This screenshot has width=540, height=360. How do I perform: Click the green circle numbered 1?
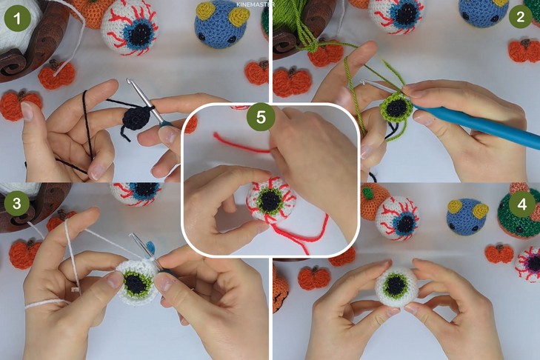pos(17,19)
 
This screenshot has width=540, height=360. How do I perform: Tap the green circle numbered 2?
pos(520,16)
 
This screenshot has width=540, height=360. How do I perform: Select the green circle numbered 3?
pos(16,203)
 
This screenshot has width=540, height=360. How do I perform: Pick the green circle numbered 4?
pos(522,204)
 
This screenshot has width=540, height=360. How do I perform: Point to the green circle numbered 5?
pos(261,117)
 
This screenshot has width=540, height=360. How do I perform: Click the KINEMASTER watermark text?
pos(256,4)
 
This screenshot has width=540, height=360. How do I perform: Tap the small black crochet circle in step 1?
pos(137,117)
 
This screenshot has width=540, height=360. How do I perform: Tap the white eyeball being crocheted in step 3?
pos(136,283)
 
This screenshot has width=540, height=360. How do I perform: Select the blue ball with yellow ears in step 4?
pos(467,216)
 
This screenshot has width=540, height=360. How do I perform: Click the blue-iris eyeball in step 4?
pos(398,218)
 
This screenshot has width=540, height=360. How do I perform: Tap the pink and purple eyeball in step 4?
pos(529,264)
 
